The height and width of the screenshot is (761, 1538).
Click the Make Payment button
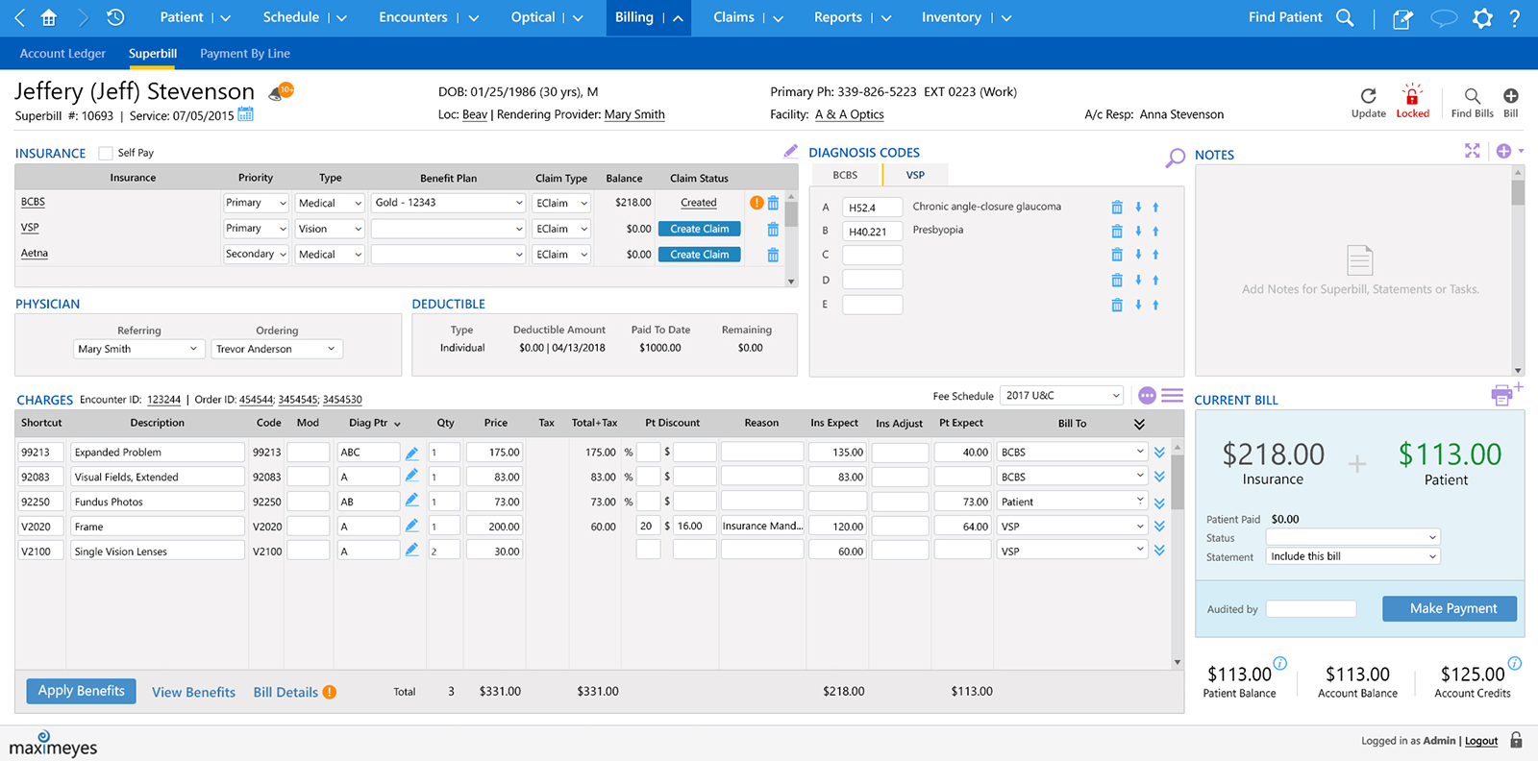pos(1449,608)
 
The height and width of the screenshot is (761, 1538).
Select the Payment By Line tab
pos(244,54)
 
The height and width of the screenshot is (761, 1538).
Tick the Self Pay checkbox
pos(106,153)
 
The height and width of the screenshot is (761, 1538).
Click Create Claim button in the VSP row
pos(699,229)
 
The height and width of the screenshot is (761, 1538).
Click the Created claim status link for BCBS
pos(698,203)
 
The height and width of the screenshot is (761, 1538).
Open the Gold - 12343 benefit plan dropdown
pos(448,203)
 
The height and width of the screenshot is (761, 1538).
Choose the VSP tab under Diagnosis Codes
pos(915,175)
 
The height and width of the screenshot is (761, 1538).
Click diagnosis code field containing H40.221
pos(872,232)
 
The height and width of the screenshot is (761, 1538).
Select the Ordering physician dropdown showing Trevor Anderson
pos(276,349)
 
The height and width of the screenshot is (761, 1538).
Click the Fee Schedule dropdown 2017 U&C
pos(1061,395)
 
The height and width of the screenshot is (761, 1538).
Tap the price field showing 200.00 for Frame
pos(494,527)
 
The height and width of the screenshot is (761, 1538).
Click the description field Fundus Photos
pos(157,502)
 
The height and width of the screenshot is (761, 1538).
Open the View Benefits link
pos(193,692)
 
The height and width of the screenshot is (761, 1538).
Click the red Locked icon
pos(1412,99)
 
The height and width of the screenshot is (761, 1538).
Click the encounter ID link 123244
pos(163,400)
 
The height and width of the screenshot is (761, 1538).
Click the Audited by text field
pos(1310,609)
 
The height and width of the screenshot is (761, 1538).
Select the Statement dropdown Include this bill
pos(1352,556)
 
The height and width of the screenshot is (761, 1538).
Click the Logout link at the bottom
pos(1480,741)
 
